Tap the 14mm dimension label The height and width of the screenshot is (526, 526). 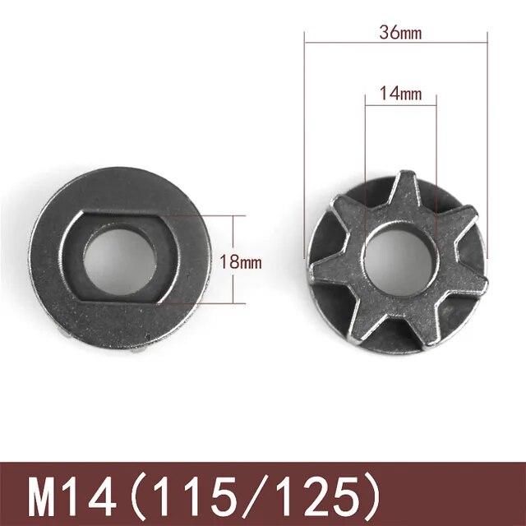[x=400, y=94]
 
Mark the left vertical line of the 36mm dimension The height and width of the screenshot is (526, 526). [x=305, y=123]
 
